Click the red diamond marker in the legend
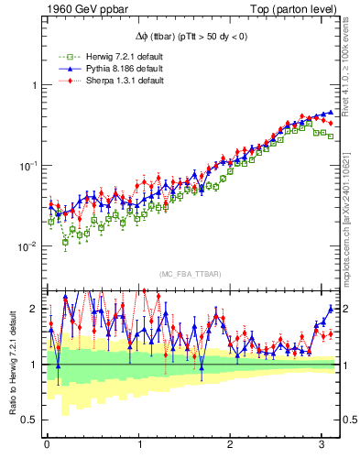click(x=62, y=81)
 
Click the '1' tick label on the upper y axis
click(x=33, y=85)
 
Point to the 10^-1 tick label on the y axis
click(x=27, y=165)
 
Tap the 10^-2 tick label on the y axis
click(x=27, y=246)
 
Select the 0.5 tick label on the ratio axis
click(x=28, y=420)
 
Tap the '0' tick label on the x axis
click(x=47, y=446)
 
